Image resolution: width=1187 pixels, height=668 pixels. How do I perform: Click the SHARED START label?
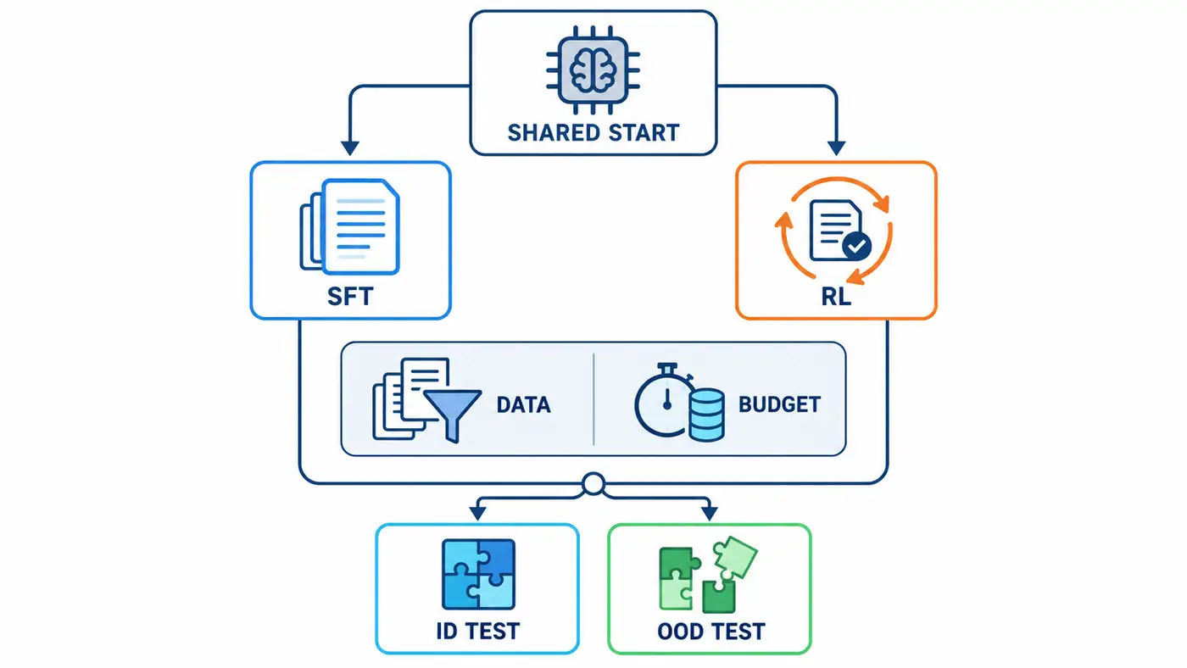click(593, 132)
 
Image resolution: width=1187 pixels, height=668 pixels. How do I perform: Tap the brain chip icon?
click(593, 70)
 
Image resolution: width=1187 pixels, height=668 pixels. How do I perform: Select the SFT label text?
click(350, 296)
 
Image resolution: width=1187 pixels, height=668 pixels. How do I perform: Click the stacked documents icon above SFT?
click(349, 226)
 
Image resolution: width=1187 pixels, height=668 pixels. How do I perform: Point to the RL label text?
click(836, 296)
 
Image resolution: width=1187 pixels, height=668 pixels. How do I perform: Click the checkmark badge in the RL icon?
click(857, 246)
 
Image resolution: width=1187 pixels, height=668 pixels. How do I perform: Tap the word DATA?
click(524, 404)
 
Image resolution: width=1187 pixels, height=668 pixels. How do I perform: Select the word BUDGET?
click(779, 404)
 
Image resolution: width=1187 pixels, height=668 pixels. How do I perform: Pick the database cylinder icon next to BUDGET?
click(707, 415)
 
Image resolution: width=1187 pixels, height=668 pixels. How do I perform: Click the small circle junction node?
click(593, 484)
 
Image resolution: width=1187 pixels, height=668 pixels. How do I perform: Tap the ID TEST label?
click(477, 631)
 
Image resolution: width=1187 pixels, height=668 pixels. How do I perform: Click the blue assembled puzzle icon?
click(478, 574)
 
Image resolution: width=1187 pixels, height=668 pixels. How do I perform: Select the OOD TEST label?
click(711, 632)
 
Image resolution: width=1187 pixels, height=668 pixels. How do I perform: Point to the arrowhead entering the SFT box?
click(349, 148)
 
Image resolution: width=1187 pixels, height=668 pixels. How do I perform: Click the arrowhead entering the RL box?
click(836, 148)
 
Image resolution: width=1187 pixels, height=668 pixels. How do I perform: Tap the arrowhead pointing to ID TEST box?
click(477, 513)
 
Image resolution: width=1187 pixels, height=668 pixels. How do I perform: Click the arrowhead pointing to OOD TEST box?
click(710, 513)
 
